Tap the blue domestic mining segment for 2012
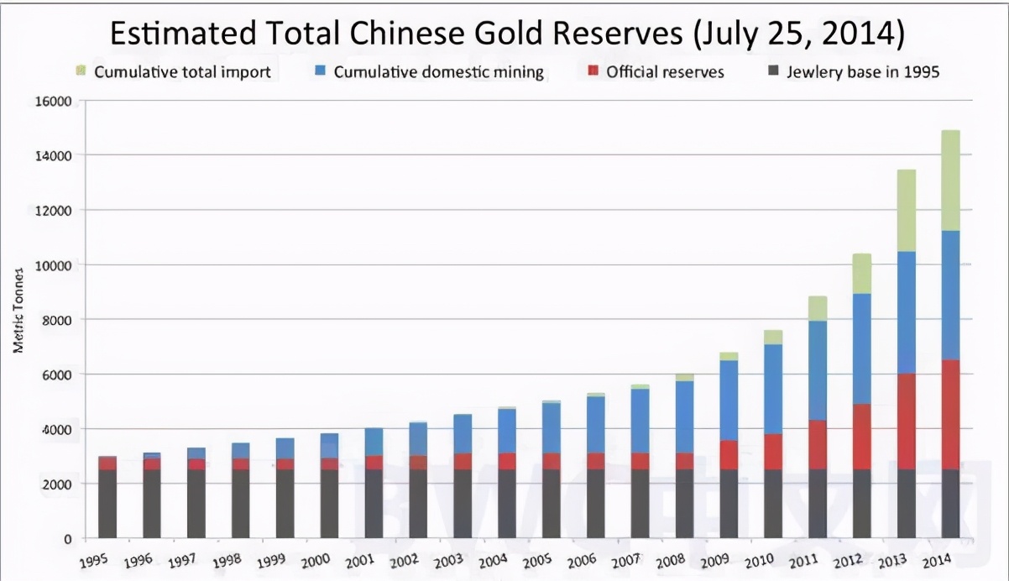[862, 348]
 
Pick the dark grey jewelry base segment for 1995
[107, 503]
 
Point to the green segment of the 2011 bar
[818, 308]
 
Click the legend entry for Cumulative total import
[181, 72]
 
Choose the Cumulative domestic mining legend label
[438, 72]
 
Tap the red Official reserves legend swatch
[593, 72]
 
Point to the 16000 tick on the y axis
[53, 102]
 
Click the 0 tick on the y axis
[67, 538]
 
